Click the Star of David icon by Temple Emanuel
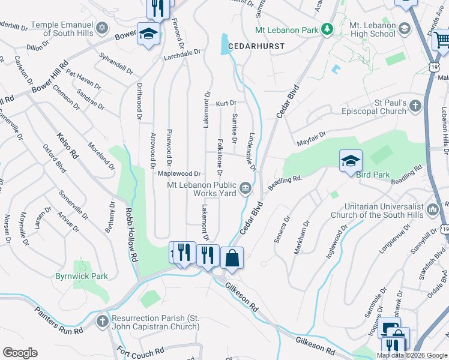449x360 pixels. (103, 29)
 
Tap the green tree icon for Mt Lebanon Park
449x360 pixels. (327, 29)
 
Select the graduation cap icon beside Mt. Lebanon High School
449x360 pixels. (405, 29)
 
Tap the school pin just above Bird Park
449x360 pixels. (351, 161)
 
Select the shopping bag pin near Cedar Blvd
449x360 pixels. (232, 258)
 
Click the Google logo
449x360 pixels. (20, 353)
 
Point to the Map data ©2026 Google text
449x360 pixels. (411, 355)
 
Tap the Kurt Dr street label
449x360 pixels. (226, 104)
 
